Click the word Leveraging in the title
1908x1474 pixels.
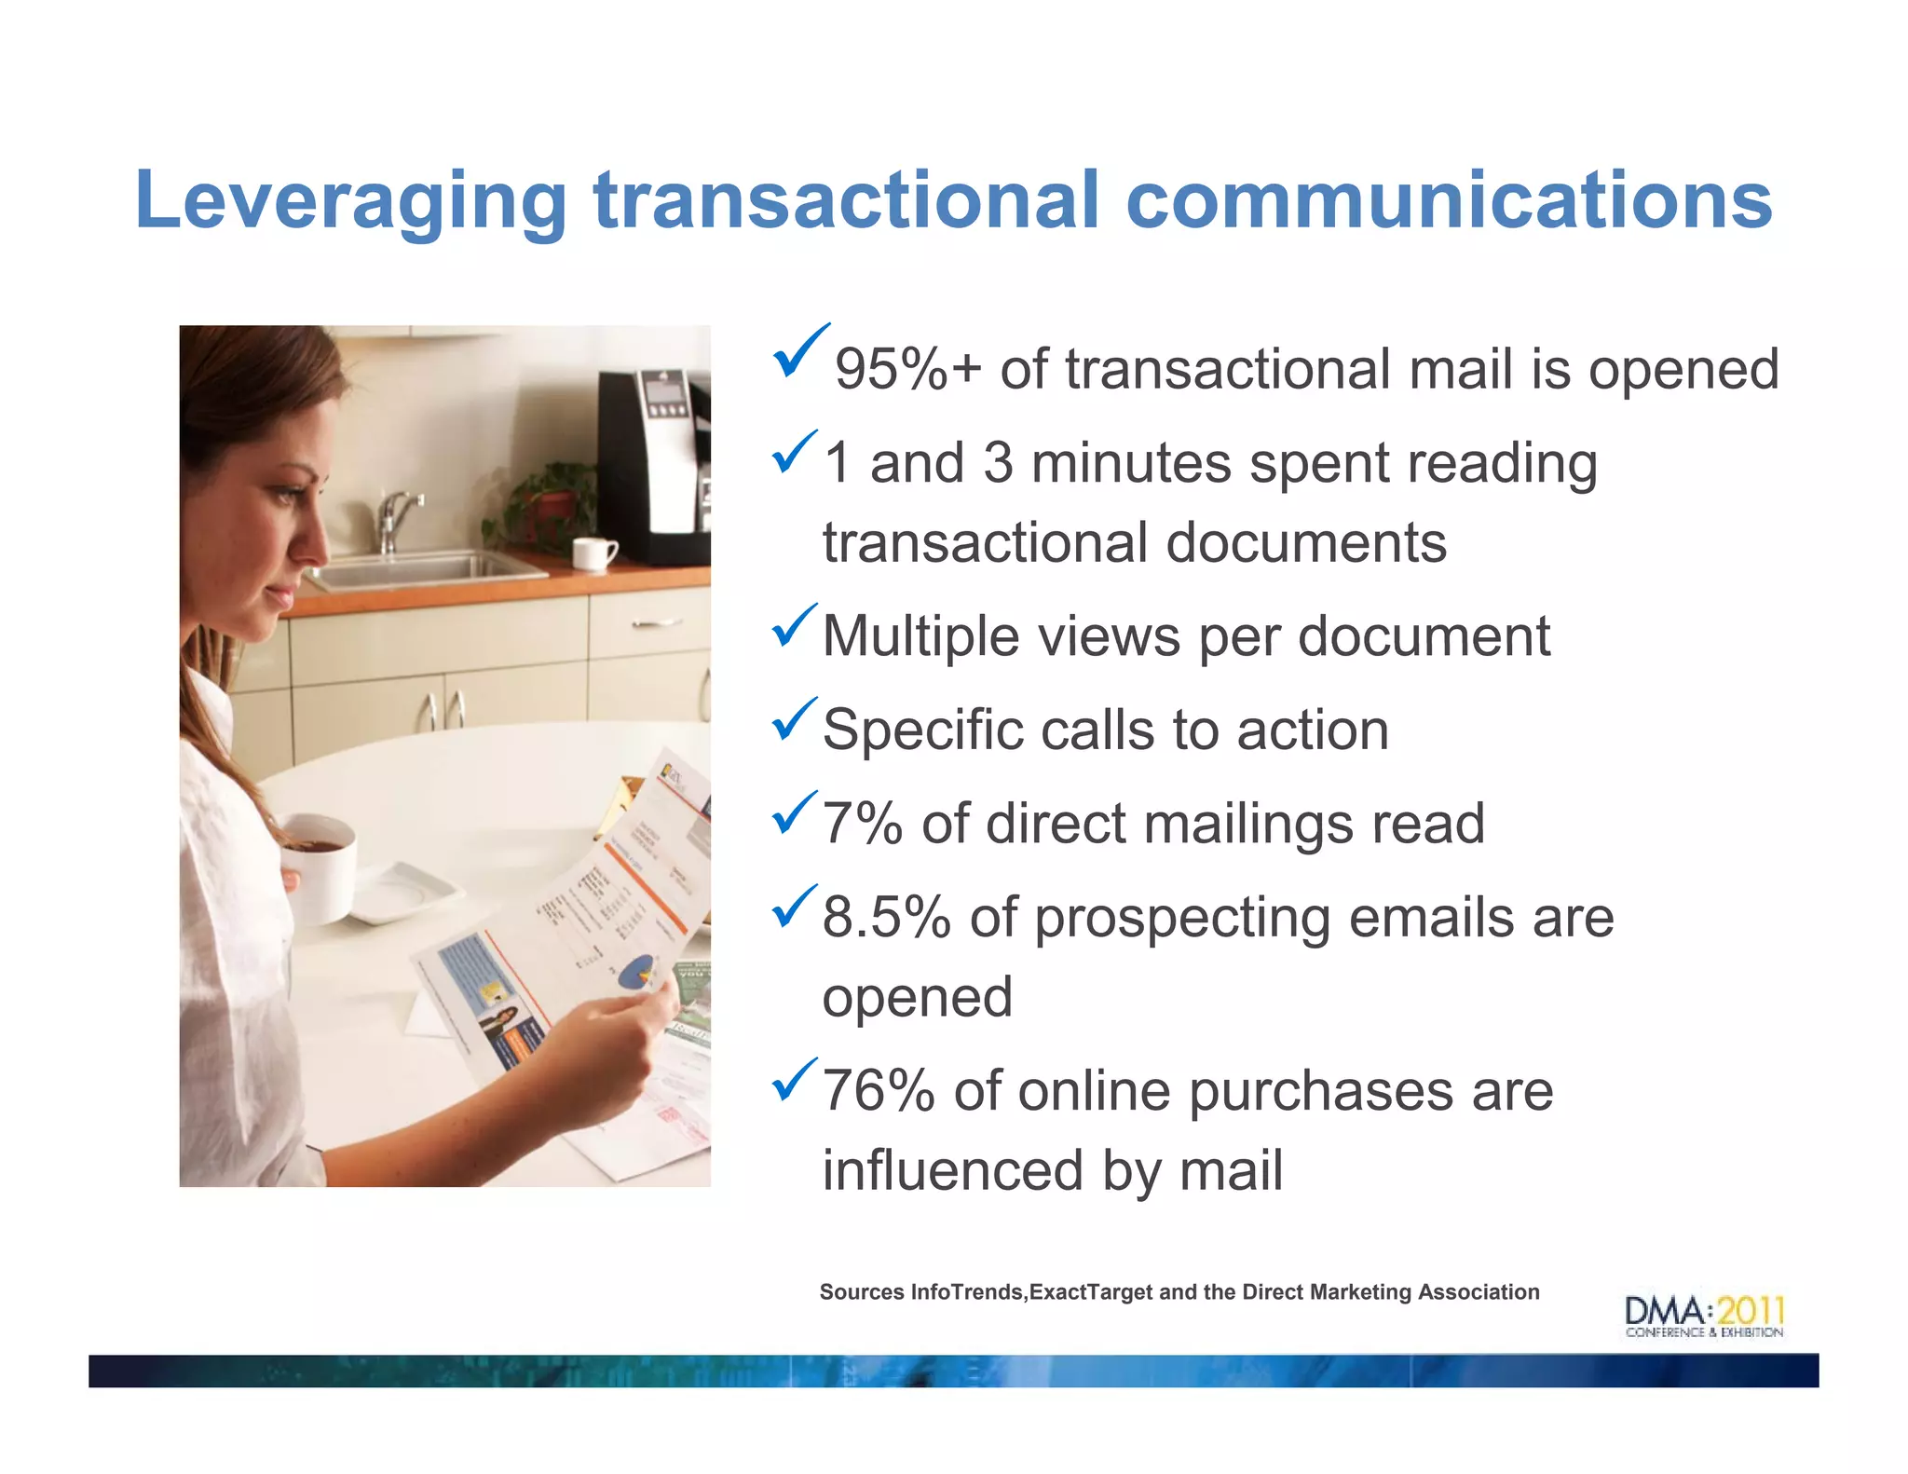point(350,201)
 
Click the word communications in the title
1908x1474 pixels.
point(1449,201)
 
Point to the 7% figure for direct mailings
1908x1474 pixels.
point(863,824)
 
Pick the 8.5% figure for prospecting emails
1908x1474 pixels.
point(886,918)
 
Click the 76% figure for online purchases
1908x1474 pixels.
point(878,1091)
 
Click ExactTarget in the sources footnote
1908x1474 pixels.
point(1091,1292)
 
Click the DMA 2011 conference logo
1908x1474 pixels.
point(1704,1316)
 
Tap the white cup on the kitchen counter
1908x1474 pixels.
point(593,553)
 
